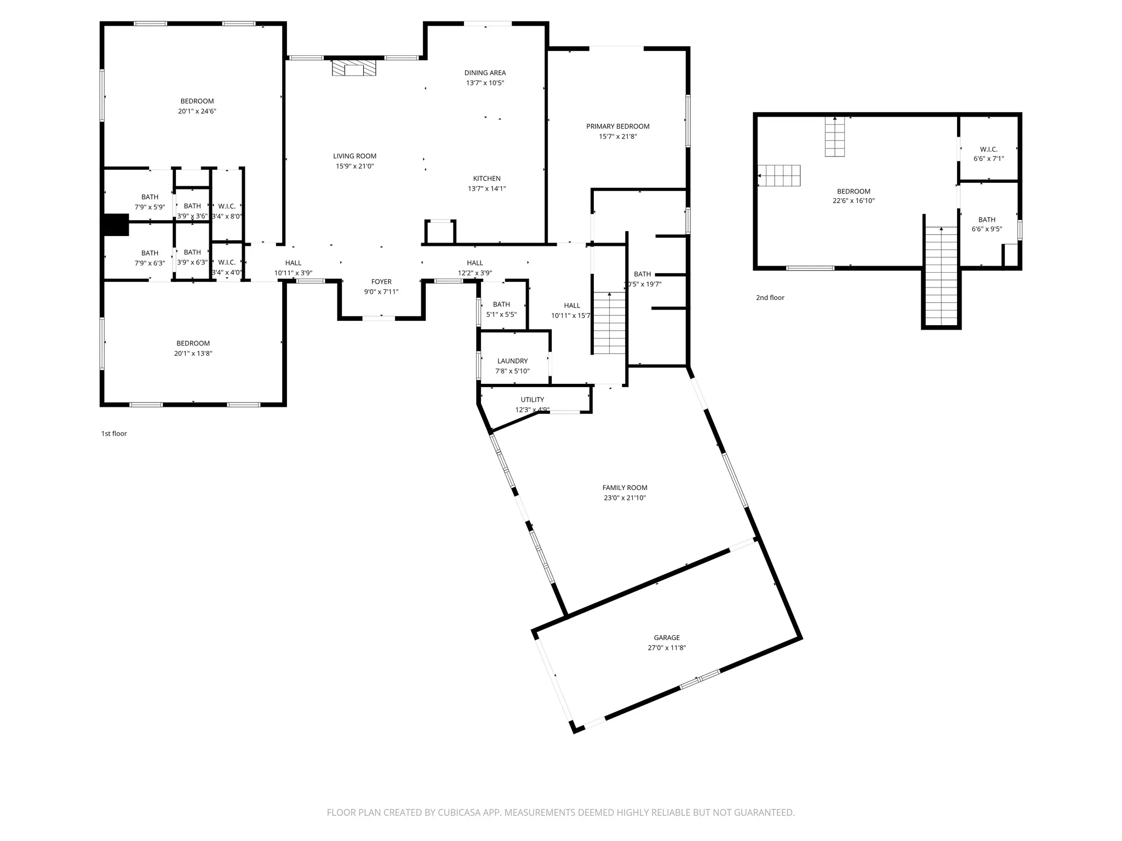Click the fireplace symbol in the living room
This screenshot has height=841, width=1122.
point(354,68)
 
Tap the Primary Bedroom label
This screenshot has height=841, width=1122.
point(617,126)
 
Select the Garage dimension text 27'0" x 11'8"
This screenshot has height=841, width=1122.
point(666,648)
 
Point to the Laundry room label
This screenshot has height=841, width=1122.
point(512,361)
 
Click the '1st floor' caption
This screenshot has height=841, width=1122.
point(114,434)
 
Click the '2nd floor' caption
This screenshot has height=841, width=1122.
point(770,298)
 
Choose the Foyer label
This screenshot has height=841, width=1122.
point(381,282)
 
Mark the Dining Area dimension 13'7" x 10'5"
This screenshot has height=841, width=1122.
point(485,83)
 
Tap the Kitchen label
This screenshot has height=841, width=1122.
point(486,178)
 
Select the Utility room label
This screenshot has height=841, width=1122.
point(532,400)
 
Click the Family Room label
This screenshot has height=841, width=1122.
point(625,488)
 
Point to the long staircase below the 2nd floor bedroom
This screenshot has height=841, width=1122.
point(941,277)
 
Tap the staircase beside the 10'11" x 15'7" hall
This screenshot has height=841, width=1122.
point(609,323)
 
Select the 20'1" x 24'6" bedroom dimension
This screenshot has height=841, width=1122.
point(197,111)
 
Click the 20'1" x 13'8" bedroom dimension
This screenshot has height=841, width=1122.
point(193,354)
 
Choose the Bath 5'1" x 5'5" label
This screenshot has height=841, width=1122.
point(501,304)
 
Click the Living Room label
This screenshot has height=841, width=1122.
point(354,156)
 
